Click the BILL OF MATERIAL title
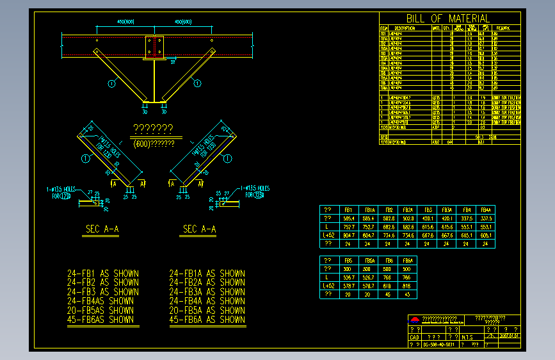(x=448, y=19)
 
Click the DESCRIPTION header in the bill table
(x=405, y=28)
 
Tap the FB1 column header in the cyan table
(x=349, y=209)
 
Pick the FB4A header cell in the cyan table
(x=486, y=209)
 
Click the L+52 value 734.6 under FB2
(x=389, y=235)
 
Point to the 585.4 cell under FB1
(x=349, y=218)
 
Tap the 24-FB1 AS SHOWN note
(x=103, y=274)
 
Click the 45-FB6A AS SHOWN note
(x=207, y=319)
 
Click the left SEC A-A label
(x=102, y=229)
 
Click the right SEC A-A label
(x=200, y=229)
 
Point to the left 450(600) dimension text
(x=125, y=22)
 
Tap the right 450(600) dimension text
(x=183, y=22)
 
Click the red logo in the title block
(x=415, y=320)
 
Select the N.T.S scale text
(x=467, y=336)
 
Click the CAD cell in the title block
(x=414, y=336)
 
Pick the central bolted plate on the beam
(x=154, y=46)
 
